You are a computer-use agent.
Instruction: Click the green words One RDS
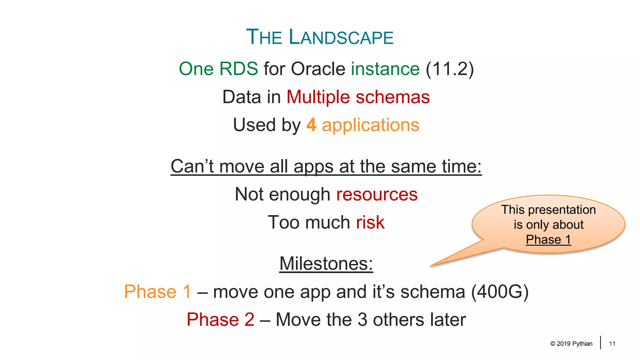pyautogui.click(x=218, y=69)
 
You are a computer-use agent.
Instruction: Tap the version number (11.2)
pyautogui.click(x=450, y=69)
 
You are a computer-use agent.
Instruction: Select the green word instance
pyautogui.click(x=385, y=69)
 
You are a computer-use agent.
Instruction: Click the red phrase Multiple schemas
pyautogui.click(x=358, y=97)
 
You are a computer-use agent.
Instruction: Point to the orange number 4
pyautogui.click(x=311, y=125)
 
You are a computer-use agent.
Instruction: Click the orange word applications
pyautogui.click(x=371, y=125)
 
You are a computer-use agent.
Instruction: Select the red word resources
pyautogui.click(x=377, y=194)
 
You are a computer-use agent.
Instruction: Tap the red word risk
pyautogui.click(x=370, y=222)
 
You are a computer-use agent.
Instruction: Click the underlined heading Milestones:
pyautogui.click(x=326, y=263)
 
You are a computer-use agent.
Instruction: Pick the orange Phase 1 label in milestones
pyautogui.click(x=157, y=292)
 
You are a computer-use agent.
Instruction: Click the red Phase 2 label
pyautogui.click(x=220, y=320)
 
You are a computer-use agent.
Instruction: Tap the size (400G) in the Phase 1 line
pyautogui.click(x=500, y=292)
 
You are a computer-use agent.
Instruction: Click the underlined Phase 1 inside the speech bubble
pyautogui.click(x=548, y=240)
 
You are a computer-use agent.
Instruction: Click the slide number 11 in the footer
pyautogui.click(x=612, y=344)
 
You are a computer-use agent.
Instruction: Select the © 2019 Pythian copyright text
pyautogui.click(x=571, y=344)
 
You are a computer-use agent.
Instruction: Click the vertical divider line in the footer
pyautogui.click(x=601, y=342)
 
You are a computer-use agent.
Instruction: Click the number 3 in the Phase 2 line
pyautogui.click(x=362, y=320)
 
